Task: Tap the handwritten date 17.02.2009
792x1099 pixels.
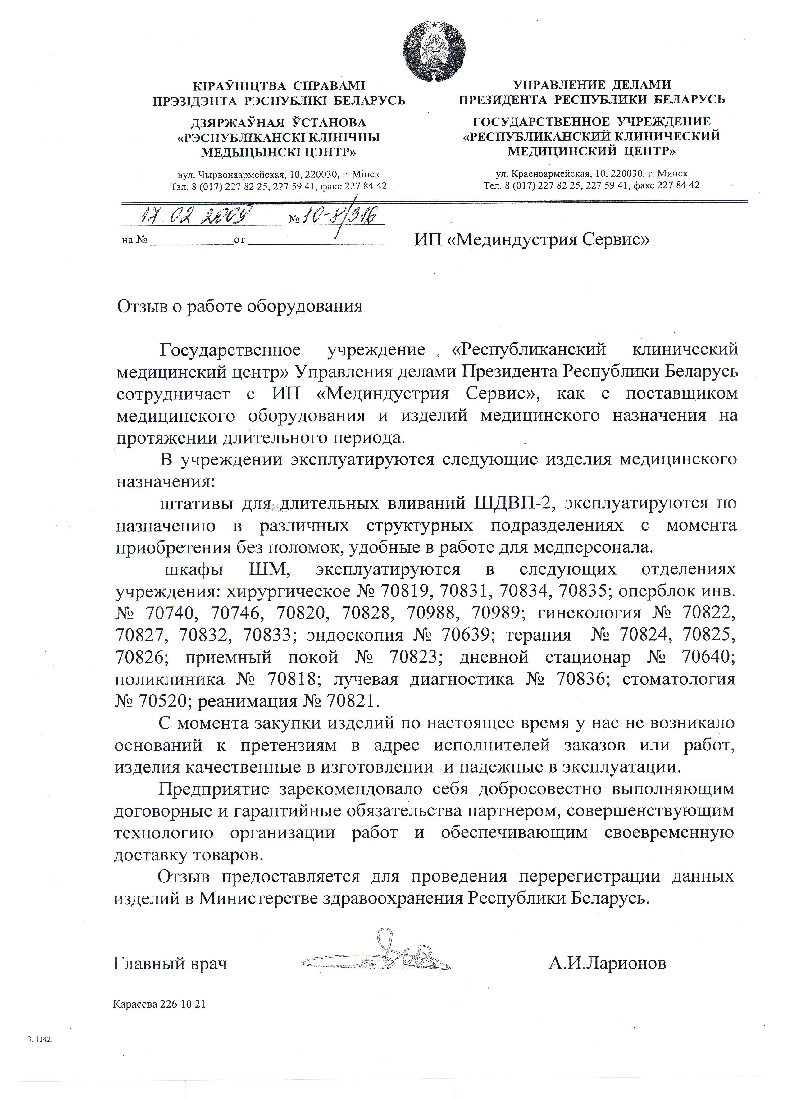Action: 196,214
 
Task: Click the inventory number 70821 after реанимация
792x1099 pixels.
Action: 350,701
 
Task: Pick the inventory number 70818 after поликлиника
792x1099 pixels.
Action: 291,679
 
